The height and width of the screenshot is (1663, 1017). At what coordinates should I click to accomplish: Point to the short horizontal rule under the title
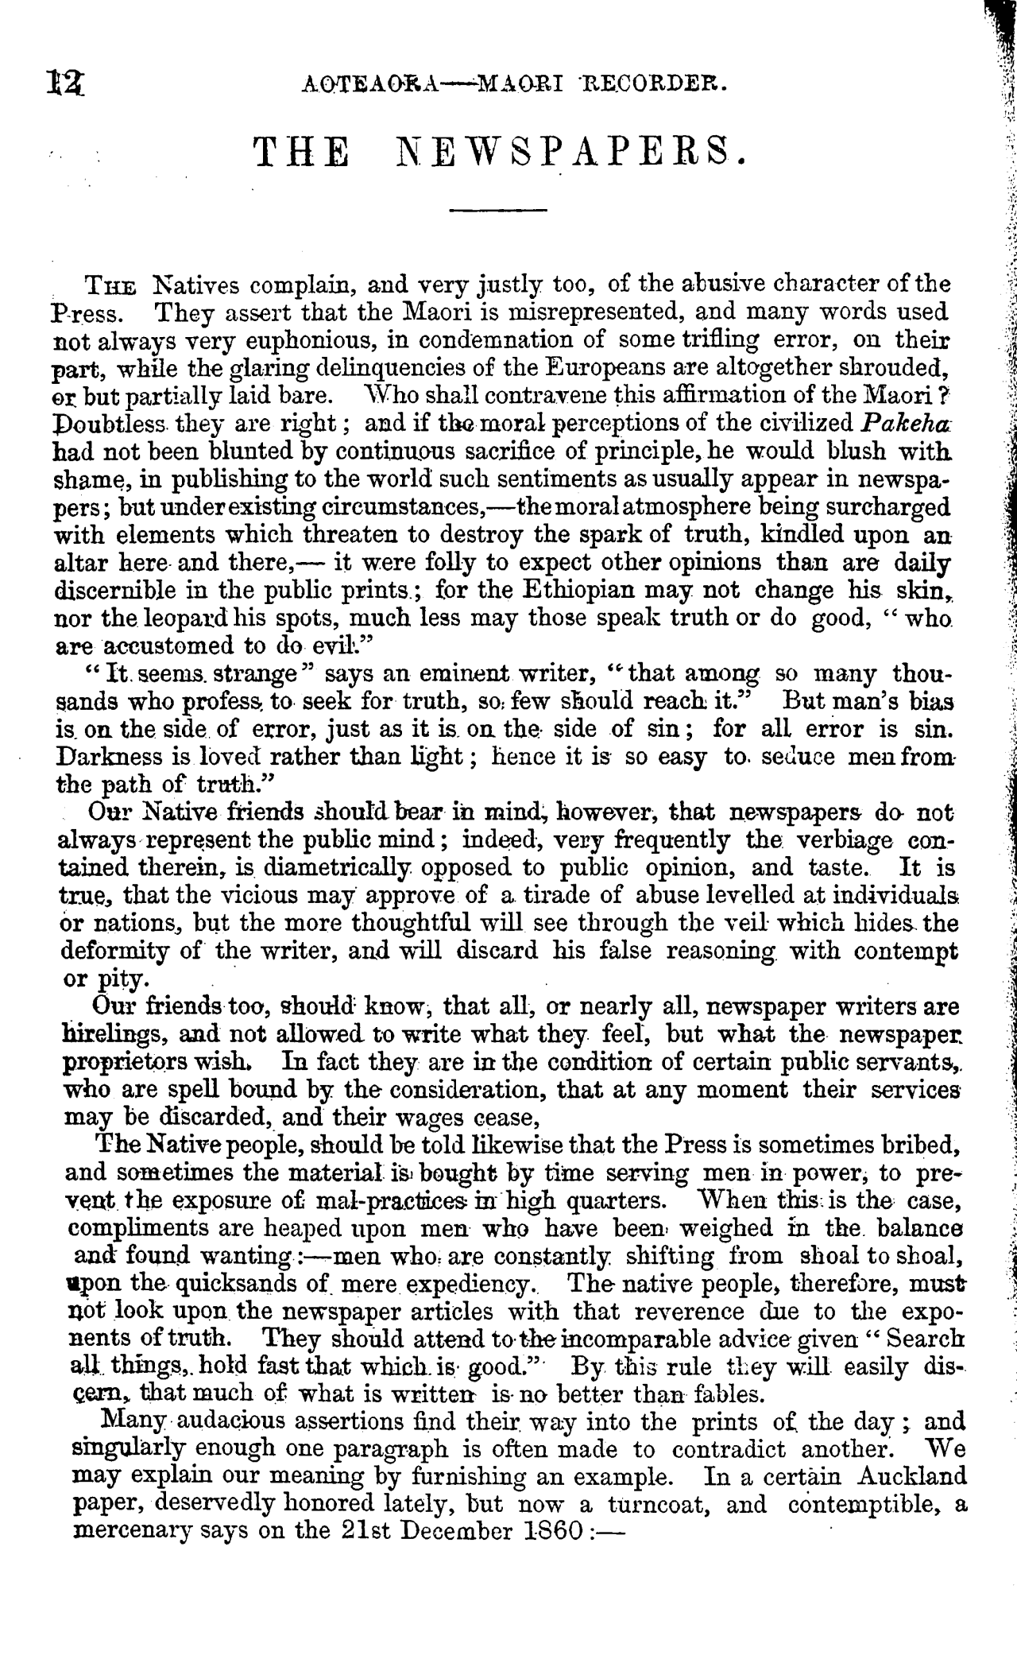point(498,211)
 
